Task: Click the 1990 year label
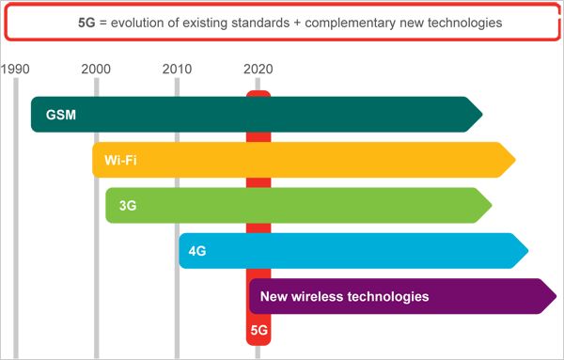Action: [16, 69]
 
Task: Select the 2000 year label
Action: [96, 69]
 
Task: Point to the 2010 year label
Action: [177, 69]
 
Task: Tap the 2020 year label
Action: [258, 69]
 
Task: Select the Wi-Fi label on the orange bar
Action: [120, 161]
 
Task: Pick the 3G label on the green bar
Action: [128, 206]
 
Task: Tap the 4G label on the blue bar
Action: [197, 251]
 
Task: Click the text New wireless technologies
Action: [344, 296]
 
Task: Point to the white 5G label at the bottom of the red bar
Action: [258, 331]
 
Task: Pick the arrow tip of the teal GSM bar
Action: [480, 115]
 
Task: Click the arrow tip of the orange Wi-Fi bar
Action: [514, 160]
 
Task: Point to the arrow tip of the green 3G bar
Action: [490, 205]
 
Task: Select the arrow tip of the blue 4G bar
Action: [526, 250]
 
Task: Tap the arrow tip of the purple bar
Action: [555, 296]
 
